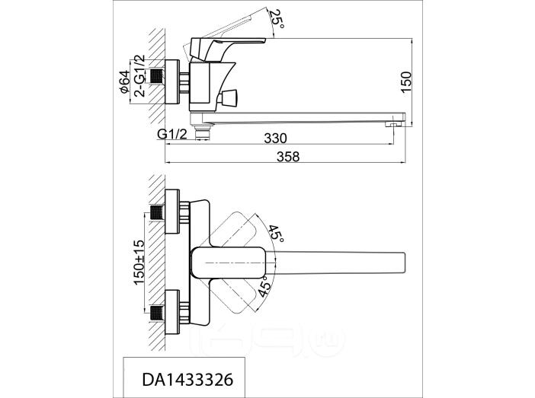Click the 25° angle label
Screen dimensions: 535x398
click(x=277, y=18)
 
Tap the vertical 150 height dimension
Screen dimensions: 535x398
click(x=406, y=81)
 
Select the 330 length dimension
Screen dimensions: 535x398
click(x=275, y=139)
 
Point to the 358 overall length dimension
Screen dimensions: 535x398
click(x=287, y=157)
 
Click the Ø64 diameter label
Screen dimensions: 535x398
click(x=124, y=81)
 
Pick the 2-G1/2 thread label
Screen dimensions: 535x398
click(x=139, y=75)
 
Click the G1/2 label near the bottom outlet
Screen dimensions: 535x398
click(x=172, y=134)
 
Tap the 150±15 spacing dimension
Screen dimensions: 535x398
click(x=139, y=263)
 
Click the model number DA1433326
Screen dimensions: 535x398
click(x=187, y=380)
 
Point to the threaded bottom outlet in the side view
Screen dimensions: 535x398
click(x=202, y=131)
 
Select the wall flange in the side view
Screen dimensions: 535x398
click(x=172, y=81)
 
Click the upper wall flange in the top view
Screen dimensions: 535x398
click(x=172, y=212)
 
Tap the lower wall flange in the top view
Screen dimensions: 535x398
click(x=172, y=313)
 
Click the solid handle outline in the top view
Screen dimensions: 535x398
click(x=228, y=263)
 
